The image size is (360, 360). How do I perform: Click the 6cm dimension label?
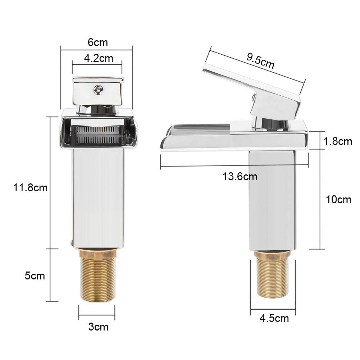(x=97, y=42)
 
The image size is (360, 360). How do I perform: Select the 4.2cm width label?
(x=99, y=58)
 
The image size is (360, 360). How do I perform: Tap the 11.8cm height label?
(x=30, y=188)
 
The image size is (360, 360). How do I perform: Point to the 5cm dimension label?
(x=35, y=275)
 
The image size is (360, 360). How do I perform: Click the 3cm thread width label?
(x=98, y=327)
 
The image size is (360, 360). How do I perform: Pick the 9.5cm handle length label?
(x=260, y=61)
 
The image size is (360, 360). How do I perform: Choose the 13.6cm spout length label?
(x=240, y=177)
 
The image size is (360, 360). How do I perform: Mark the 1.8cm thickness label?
(x=338, y=141)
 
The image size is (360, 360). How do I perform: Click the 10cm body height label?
(x=338, y=200)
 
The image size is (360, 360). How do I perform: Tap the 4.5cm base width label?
(x=274, y=318)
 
